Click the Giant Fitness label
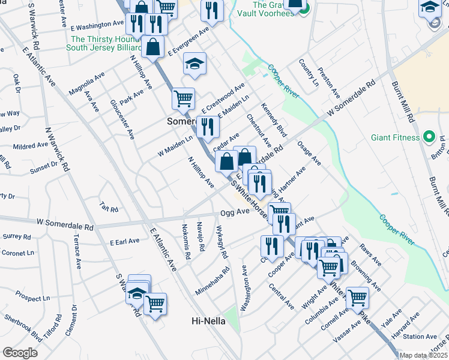pyautogui.click(x=394, y=137)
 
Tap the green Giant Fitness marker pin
pyautogui.click(x=429, y=137)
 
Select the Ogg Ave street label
pyautogui.click(x=235, y=212)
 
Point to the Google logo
pyautogui.click(x=20, y=353)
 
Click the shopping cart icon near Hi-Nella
pyautogui.click(x=155, y=304)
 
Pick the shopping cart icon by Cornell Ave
pyautogui.click(x=357, y=297)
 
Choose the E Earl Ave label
pyautogui.click(x=124, y=241)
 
